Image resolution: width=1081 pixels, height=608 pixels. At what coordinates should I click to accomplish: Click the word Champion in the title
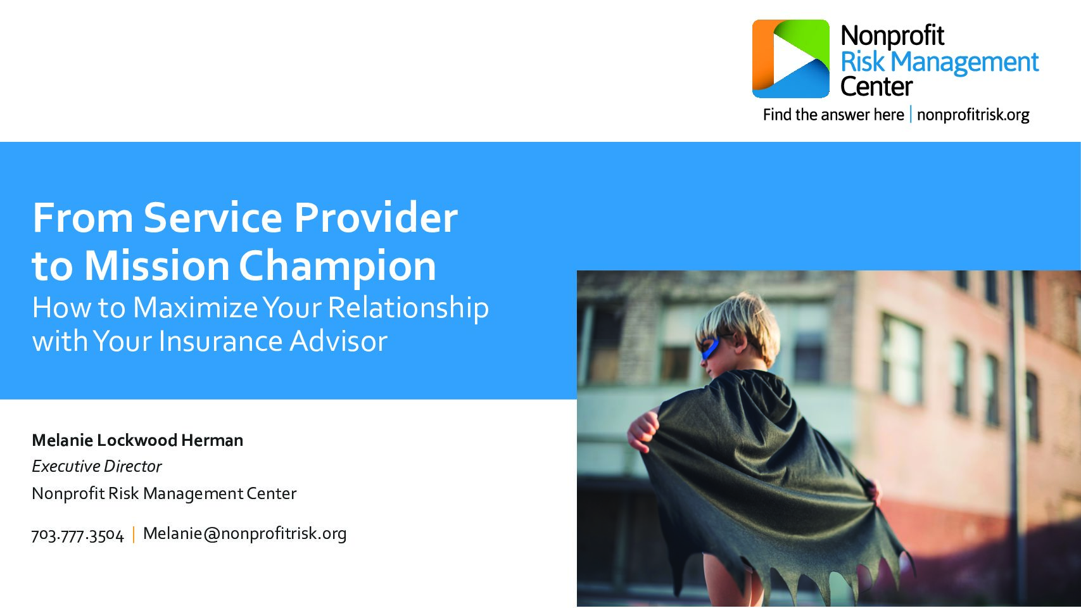(338, 267)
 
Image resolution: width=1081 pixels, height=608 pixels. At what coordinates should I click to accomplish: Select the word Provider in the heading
(376, 218)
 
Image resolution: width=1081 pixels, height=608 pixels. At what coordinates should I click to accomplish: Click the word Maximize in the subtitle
(196, 307)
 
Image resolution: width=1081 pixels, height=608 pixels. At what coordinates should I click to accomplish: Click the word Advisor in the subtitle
(338, 341)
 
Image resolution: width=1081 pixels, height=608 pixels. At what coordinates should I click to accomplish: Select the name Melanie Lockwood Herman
(137, 440)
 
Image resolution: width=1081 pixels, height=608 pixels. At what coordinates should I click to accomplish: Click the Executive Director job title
(96, 466)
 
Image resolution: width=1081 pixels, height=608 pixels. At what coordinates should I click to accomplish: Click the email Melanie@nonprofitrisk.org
(244, 534)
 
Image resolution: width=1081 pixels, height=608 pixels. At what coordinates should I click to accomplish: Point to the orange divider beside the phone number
(134, 535)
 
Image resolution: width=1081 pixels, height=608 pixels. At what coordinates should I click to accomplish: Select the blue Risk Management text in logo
(939, 63)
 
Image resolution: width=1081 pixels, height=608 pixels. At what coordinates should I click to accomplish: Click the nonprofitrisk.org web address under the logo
(973, 115)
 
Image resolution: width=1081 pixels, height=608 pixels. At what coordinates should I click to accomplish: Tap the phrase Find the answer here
(833, 115)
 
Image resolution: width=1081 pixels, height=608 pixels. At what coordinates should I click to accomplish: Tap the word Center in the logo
(876, 87)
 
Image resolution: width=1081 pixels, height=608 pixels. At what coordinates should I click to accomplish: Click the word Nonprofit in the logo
(892, 36)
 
